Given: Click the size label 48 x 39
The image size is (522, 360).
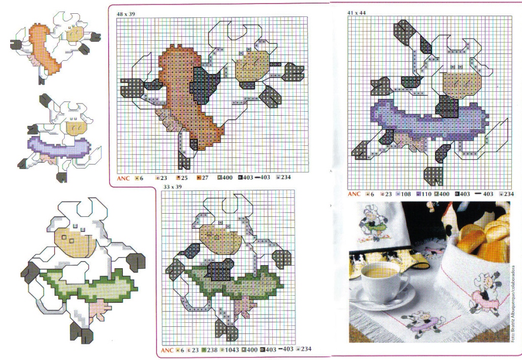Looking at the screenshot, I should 125,12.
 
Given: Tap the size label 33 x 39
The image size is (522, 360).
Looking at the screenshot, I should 172,187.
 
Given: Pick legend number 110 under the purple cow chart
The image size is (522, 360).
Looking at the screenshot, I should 427,194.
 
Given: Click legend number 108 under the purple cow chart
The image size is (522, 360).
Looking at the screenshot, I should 406,194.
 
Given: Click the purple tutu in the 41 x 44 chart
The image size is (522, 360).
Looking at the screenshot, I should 418,120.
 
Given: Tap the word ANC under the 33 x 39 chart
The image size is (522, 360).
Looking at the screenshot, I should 167,350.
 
